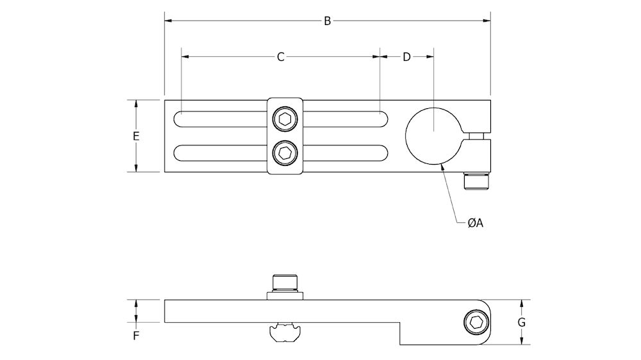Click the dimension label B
[x=327, y=21]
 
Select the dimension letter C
[x=281, y=57]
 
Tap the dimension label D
[x=406, y=57]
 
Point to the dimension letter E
[x=135, y=136]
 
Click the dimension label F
[x=135, y=334]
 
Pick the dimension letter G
[x=522, y=322]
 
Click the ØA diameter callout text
[x=475, y=223]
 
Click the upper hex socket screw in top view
[x=284, y=119]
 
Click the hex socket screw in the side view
[x=476, y=322]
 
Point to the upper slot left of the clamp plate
[x=220, y=119]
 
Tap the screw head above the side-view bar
[x=285, y=283]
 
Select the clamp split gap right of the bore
[x=477, y=136]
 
